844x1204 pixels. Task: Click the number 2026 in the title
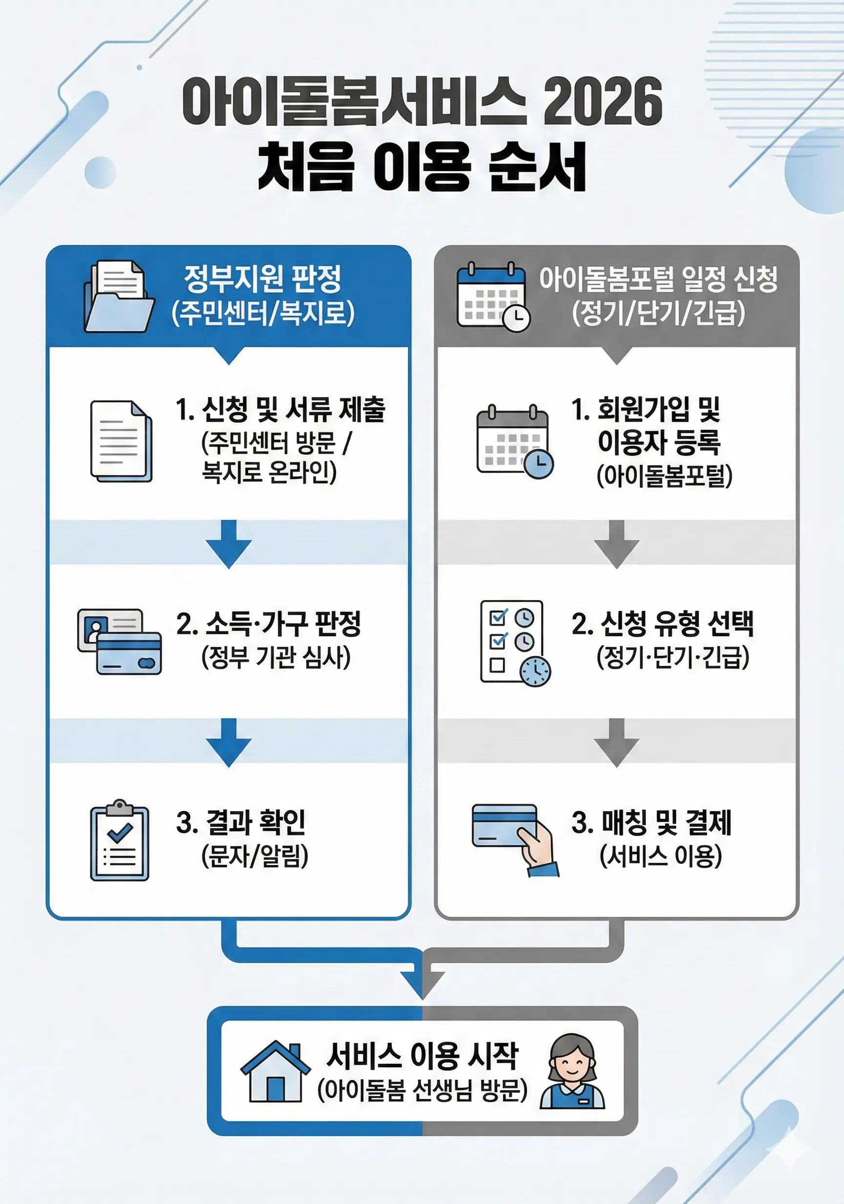point(602,101)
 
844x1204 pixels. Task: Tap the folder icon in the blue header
point(120,297)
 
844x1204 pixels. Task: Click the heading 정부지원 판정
point(263,279)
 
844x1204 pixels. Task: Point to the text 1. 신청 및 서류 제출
point(280,409)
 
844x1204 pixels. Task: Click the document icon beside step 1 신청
point(121,441)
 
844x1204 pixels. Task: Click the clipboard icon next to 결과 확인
point(120,840)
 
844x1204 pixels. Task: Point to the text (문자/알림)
point(255,856)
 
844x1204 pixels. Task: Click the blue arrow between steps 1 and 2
point(229,544)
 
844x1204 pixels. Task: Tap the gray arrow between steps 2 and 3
point(616,742)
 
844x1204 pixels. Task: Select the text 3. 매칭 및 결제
point(652,822)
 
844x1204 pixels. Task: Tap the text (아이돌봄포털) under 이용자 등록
point(664,475)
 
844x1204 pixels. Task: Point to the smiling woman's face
point(572,1062)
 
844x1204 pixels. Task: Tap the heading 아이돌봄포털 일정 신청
point(658,279)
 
